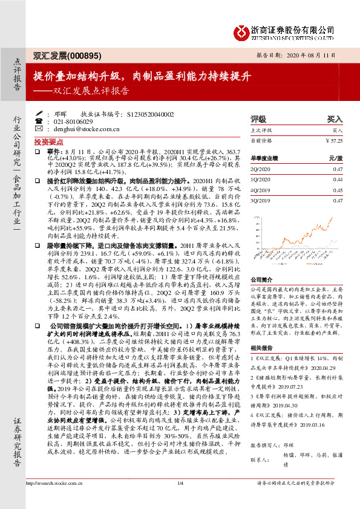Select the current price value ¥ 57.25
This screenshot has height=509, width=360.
[x=334, y=140]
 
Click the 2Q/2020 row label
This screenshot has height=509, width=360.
[x=260, y=170]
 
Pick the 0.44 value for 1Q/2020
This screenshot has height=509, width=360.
[x=338, y=180]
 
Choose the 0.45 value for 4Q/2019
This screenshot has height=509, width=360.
[x=338, y=189]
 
